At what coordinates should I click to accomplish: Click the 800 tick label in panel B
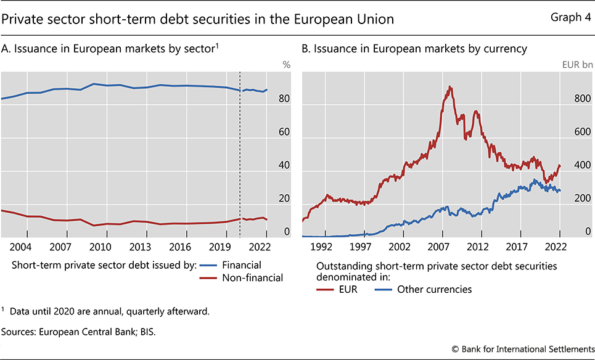(x=582, y=99)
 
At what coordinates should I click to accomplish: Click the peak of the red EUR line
(x=450, y=86)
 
